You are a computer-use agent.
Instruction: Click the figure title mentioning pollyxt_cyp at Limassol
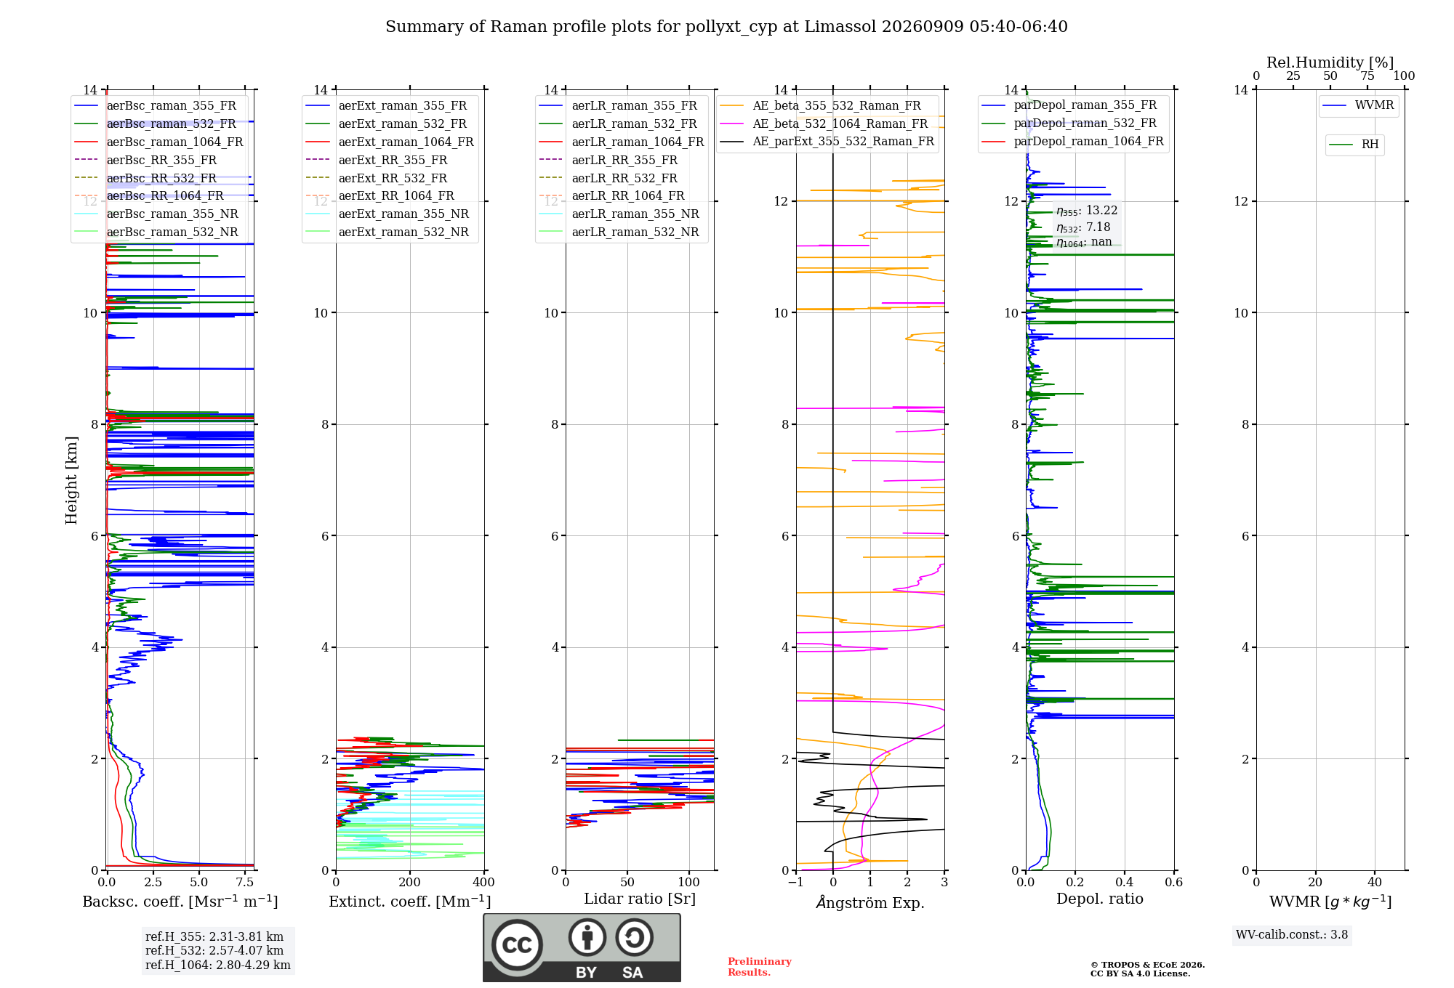point(726,27)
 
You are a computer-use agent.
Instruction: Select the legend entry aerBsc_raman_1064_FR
point(174,142)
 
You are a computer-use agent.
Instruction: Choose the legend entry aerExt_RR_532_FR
point(393,178)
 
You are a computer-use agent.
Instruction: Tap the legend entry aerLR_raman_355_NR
point(635,214)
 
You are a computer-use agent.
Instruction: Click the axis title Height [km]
point(71,480)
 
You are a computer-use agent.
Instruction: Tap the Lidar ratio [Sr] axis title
point(640,899)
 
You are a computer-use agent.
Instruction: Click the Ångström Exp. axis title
point(870,902)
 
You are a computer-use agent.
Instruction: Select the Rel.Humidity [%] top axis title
point(1330,62)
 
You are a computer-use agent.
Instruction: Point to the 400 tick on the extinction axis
point(484,882)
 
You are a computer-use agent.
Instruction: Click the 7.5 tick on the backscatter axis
point(245,882)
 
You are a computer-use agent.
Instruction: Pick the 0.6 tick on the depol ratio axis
point(1174,882)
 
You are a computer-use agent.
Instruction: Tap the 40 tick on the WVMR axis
point(1375,882)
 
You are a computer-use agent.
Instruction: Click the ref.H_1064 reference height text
point(218,965)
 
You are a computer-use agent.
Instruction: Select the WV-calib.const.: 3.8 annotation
point(1292,935)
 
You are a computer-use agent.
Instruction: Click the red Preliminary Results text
point(760,967)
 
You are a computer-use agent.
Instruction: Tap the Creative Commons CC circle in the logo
point(517,945)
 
